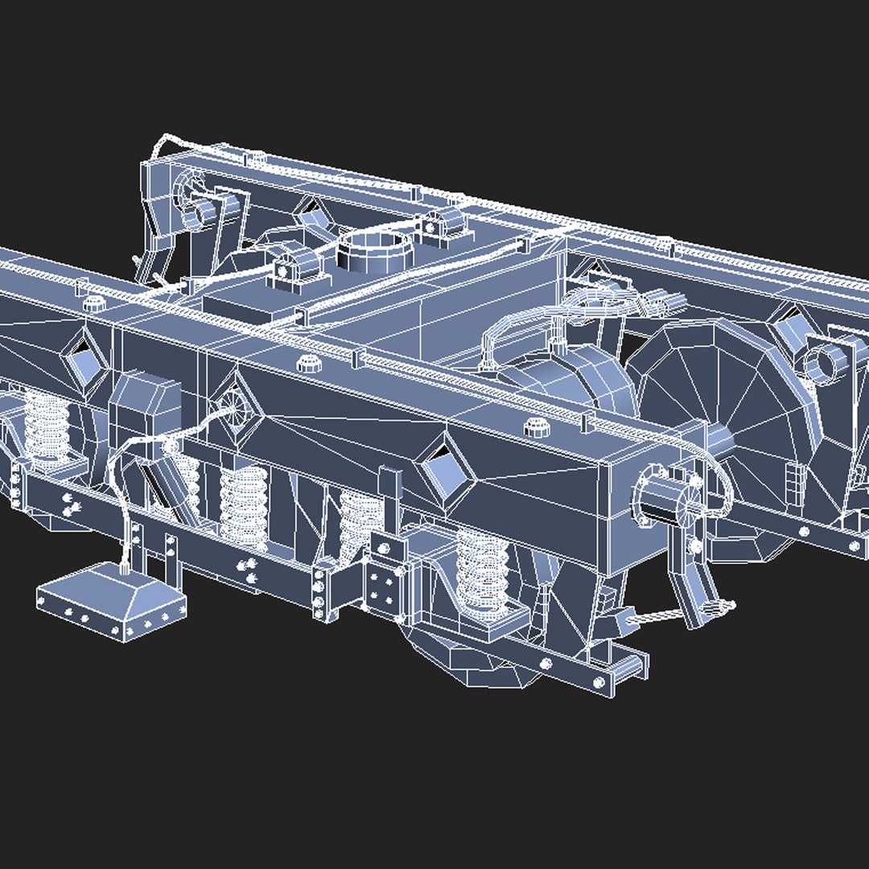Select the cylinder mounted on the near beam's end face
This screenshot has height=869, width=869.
(x=665, y=496)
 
